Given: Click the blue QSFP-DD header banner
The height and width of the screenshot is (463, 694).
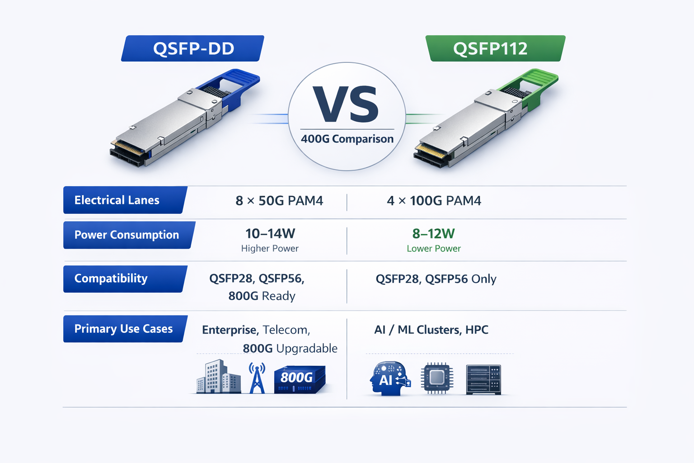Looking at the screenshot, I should tap(193, 48).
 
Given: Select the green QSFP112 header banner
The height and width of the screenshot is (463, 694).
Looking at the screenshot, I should tap(495, 48).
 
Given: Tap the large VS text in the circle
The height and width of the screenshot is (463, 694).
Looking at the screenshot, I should tap(347, 105).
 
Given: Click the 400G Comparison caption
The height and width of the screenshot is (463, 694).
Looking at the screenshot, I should tap(347, 139).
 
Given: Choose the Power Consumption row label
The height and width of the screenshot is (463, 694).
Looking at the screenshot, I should tap(127, 235).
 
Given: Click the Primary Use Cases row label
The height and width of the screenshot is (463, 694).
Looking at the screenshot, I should tap(123, 329).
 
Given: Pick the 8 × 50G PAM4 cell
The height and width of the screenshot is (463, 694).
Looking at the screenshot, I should tap(279, 201).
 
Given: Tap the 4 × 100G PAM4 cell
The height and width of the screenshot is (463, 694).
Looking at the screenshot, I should tap(434, 201).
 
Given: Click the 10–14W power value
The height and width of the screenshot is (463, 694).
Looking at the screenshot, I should tap(270, 234).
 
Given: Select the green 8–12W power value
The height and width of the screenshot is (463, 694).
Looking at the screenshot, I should tap(433, 234).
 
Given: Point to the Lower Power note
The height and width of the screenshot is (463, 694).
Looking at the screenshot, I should tap(433, 249).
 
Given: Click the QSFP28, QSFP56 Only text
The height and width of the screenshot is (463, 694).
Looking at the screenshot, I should tap(436, 279).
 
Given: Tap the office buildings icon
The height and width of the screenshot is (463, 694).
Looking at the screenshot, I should tap(218, 377).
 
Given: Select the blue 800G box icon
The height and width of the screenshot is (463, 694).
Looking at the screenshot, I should tap(299, 379).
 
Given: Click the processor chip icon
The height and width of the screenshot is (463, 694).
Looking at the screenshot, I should tap(437, 378).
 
